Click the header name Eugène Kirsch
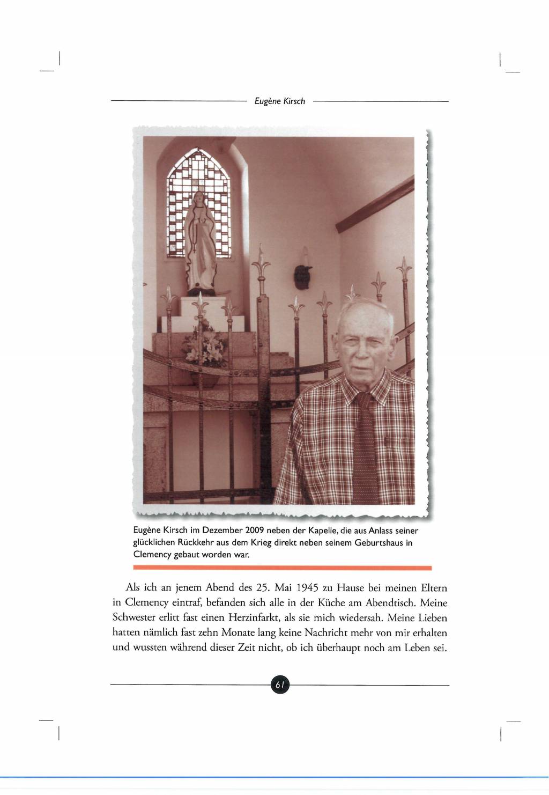click(279, 101)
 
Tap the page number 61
click(280, 684)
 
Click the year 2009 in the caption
click(256, 531)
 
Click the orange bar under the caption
click(282, 567)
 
